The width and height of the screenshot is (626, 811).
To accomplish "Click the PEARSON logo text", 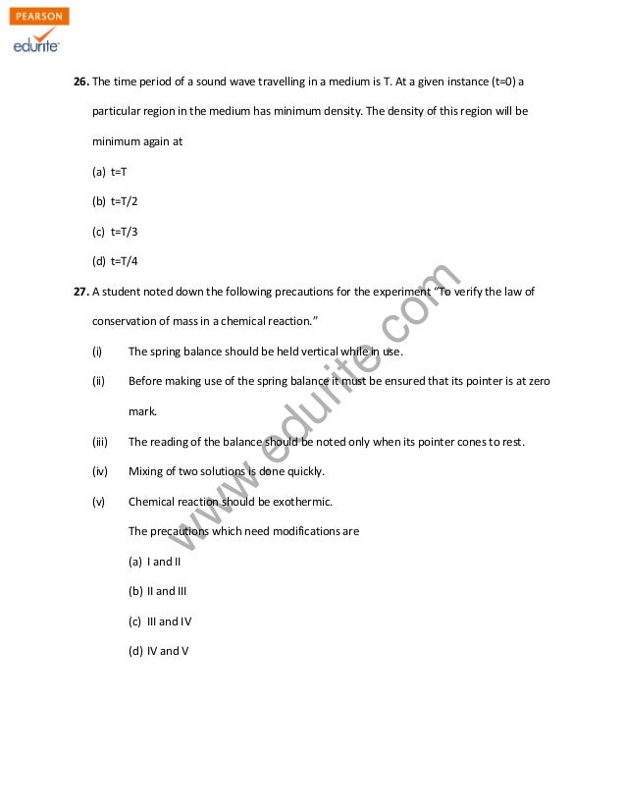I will tap(39, 17).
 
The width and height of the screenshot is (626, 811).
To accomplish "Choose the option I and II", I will tap(163, 562).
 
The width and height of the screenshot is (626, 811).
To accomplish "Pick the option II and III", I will tap(166, 591).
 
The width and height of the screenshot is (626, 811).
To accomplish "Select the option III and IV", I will tap(169, 622).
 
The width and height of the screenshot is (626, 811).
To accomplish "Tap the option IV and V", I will tap(167, 651).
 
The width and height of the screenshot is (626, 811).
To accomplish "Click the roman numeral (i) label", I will tap(97, 351).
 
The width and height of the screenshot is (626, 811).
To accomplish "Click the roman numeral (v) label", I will tap(98, 502).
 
